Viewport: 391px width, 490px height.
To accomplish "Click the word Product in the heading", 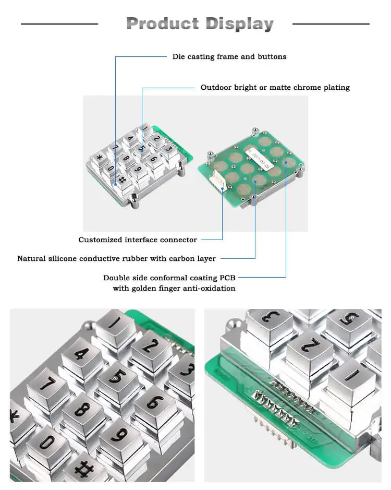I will (x=162, y=23).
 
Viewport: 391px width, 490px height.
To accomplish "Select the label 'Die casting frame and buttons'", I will (x=229, y=56).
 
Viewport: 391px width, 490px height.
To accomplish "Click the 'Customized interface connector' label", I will (x=138, y=240).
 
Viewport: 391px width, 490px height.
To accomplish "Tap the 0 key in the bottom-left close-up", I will (x=47, y=443).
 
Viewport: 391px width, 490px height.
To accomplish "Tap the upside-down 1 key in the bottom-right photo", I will (x=351, y=377).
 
